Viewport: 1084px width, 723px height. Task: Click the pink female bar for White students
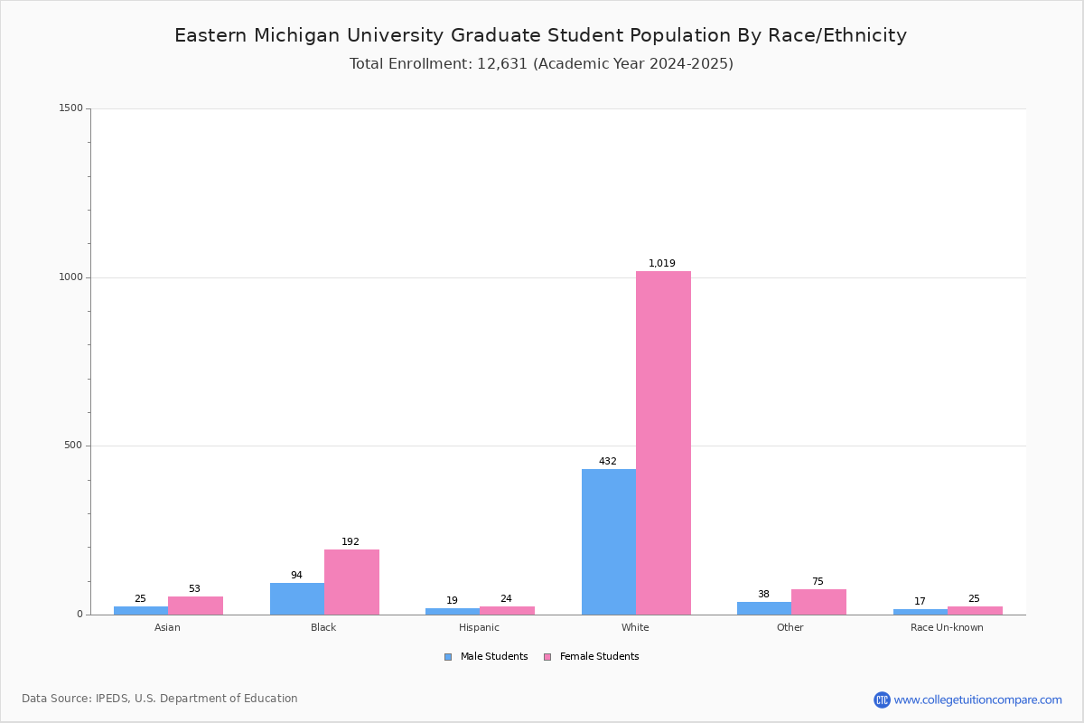coord(663,443)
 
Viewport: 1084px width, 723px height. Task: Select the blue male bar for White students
coord(609,542)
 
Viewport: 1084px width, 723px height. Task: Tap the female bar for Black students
coord(351,582)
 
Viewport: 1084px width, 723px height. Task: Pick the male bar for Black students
coord(297,598)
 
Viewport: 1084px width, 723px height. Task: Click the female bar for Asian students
coord(195,606)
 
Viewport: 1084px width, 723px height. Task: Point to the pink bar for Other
coord(818,602)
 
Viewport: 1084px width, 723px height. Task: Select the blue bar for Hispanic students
coord(453,611)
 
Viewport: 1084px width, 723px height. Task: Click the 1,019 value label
coord(661,263)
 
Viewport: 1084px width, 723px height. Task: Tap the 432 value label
coord(608,461)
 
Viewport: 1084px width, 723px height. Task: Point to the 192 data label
coord(350,541)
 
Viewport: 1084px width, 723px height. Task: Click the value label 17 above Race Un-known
coord(920,601)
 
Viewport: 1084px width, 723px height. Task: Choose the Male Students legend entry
coord(486,656)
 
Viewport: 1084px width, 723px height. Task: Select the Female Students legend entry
coord(592,656)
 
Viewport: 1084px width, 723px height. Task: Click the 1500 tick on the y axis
coord(71,108)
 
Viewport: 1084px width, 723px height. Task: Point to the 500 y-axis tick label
coord(73,445)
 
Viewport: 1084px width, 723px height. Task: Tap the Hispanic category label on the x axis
coord(479,627)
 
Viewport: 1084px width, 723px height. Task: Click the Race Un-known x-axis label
coord(947,627)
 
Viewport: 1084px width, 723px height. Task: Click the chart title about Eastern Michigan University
coord(540,35)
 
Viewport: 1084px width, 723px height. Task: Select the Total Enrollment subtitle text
coord(541,63)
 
